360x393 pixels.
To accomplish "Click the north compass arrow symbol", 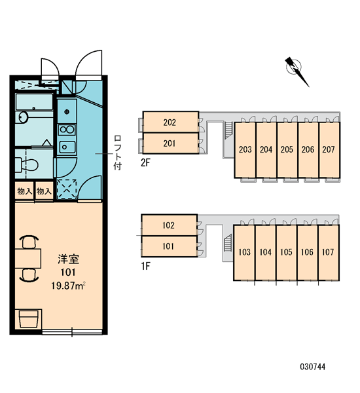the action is pos(297,71).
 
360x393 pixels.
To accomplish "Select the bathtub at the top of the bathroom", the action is pos(34,102).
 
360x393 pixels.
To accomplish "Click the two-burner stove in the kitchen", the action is pos(67,130).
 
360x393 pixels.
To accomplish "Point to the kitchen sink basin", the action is pos(67,147).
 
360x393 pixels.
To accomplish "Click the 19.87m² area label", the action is pos(69,286).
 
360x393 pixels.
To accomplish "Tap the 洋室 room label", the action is pos(68,259).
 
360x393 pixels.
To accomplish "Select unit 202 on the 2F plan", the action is pos(170,122).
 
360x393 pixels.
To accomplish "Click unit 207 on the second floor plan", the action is pos(329,149).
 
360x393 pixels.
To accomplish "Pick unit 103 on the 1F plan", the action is pos(244,252).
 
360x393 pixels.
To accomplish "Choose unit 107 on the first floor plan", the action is pos(329,252).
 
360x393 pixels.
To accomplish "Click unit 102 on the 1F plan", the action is pos(169,225).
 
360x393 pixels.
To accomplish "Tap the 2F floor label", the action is pos(145,163).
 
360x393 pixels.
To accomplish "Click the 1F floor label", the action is pos(145,266).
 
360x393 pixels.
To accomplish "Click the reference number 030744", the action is pos(313,367).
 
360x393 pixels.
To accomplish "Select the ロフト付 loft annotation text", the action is pos(118,153).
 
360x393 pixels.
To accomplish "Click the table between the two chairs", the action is pos(27,259).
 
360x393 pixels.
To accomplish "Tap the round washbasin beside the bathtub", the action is pos(22,117).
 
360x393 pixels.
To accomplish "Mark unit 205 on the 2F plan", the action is pos(287,149).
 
